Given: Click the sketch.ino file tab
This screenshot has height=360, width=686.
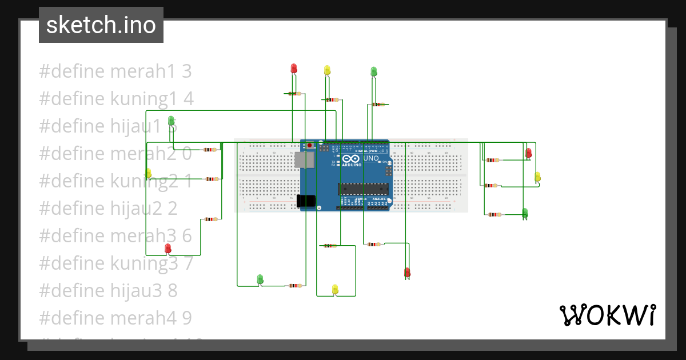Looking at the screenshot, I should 101,25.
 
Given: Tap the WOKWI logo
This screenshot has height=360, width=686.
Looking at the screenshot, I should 607,315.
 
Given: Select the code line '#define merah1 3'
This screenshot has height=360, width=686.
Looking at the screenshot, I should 115,71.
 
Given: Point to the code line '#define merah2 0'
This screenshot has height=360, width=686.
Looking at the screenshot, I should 115,154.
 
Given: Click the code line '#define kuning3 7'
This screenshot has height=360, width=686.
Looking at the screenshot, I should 116,263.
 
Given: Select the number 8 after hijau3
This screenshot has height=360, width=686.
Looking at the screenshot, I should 172,291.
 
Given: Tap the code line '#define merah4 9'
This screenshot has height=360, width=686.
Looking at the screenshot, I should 115,318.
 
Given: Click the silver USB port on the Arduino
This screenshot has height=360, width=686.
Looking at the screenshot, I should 304,159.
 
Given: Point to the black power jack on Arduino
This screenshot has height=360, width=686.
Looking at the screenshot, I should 306,201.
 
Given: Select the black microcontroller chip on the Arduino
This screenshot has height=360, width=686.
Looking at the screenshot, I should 363,189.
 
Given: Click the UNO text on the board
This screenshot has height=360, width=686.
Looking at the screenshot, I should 371,158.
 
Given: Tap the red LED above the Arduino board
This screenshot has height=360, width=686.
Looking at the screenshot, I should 294,69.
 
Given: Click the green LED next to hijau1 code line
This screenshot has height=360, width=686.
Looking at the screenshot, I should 171,121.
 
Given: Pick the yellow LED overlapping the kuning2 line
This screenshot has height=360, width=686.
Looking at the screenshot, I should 148,173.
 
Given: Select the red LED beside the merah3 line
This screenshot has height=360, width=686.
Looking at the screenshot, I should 167,248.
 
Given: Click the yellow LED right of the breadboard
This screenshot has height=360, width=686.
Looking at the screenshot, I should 537,177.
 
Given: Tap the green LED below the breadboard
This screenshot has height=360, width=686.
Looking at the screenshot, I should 260,279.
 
